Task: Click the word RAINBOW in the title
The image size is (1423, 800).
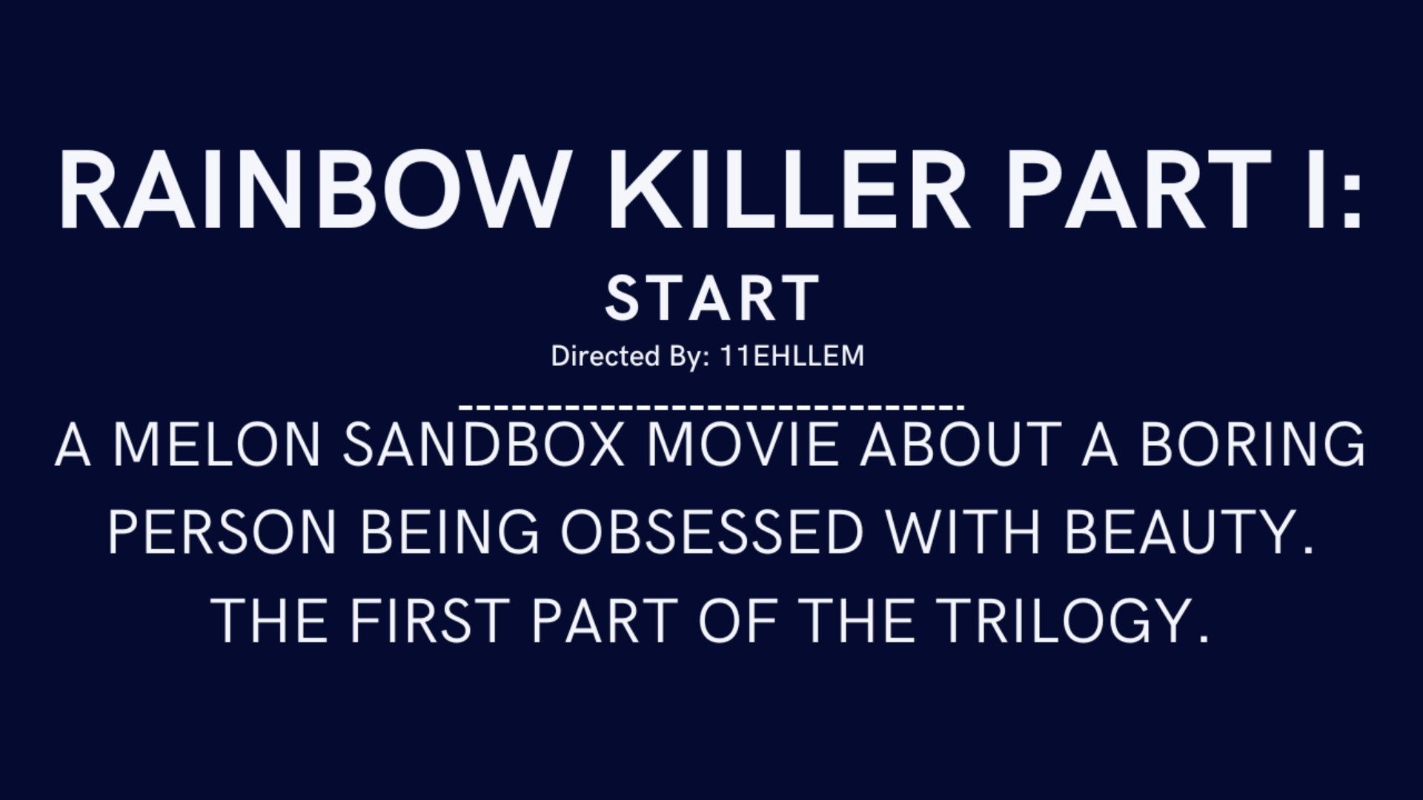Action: (312, 190)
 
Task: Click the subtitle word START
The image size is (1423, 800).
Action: (712, 298)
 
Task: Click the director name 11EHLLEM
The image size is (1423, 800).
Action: (792, 356)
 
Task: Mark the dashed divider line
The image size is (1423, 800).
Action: (711, 407)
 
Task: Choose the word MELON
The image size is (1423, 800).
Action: (216, 444)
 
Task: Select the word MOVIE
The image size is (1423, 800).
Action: (743, 444)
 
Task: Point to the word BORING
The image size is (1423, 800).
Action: (1252, 444)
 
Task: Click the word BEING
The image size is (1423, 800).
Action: (450, 532)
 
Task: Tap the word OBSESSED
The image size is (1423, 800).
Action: (712, 532)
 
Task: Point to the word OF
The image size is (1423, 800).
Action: (738, 620)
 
